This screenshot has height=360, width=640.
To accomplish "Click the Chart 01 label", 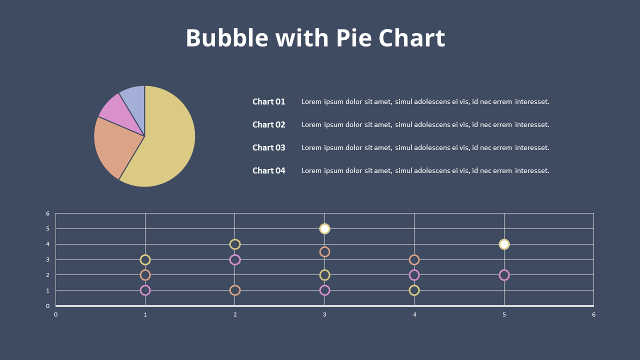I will click(268, 101).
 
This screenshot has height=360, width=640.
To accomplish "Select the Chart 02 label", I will click(268, 124).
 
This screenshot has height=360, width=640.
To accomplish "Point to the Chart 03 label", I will click(268, 147).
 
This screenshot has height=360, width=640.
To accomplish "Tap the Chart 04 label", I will click(268, 170).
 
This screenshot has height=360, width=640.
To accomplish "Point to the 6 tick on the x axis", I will click(593, 314).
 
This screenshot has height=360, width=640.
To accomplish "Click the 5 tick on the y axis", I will click(48, 229).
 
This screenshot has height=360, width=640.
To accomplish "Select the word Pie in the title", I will click(354, 38).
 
